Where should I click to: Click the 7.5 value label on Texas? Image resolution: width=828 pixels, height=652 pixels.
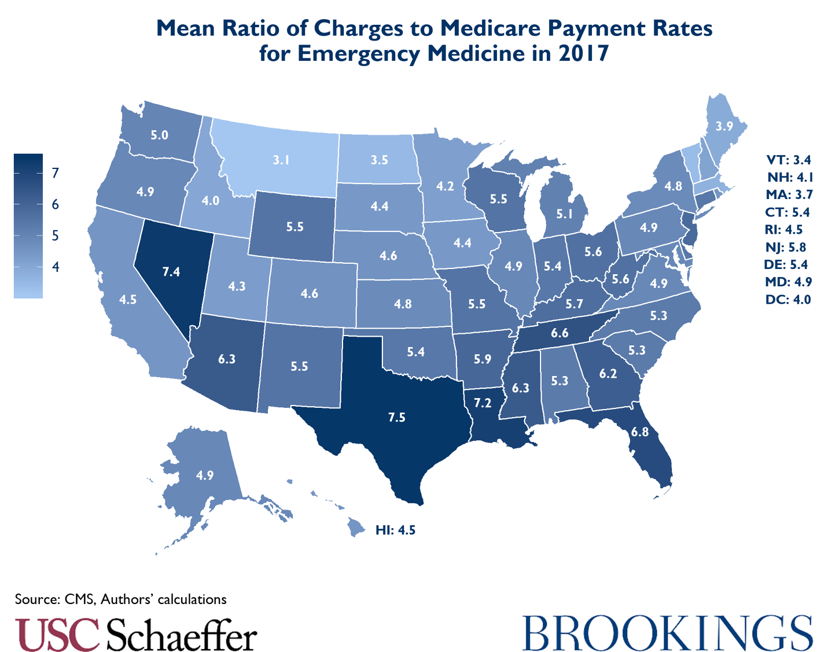point(396,417)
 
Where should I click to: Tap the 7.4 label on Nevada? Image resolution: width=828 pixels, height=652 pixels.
point(171,271)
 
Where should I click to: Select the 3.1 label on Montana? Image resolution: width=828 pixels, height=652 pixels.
point(281,160)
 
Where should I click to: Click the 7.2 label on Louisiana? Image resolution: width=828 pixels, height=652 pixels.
point(482,403)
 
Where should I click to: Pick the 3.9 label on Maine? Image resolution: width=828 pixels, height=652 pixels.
point(724,126)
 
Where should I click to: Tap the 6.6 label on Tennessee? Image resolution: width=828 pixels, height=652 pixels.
point(560,333)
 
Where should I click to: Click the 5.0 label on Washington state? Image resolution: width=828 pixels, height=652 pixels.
point(159,135)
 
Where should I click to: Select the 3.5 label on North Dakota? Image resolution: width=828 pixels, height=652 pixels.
point(379,160)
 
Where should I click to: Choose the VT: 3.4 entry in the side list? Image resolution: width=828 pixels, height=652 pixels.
point(788,160)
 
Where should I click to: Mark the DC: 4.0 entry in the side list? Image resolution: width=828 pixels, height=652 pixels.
point(787,299)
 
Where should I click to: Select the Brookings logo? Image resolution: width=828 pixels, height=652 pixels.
point(668,633)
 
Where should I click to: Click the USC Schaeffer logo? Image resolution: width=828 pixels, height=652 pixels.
point(135,635)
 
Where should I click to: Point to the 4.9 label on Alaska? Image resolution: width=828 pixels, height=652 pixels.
point(204,476)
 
